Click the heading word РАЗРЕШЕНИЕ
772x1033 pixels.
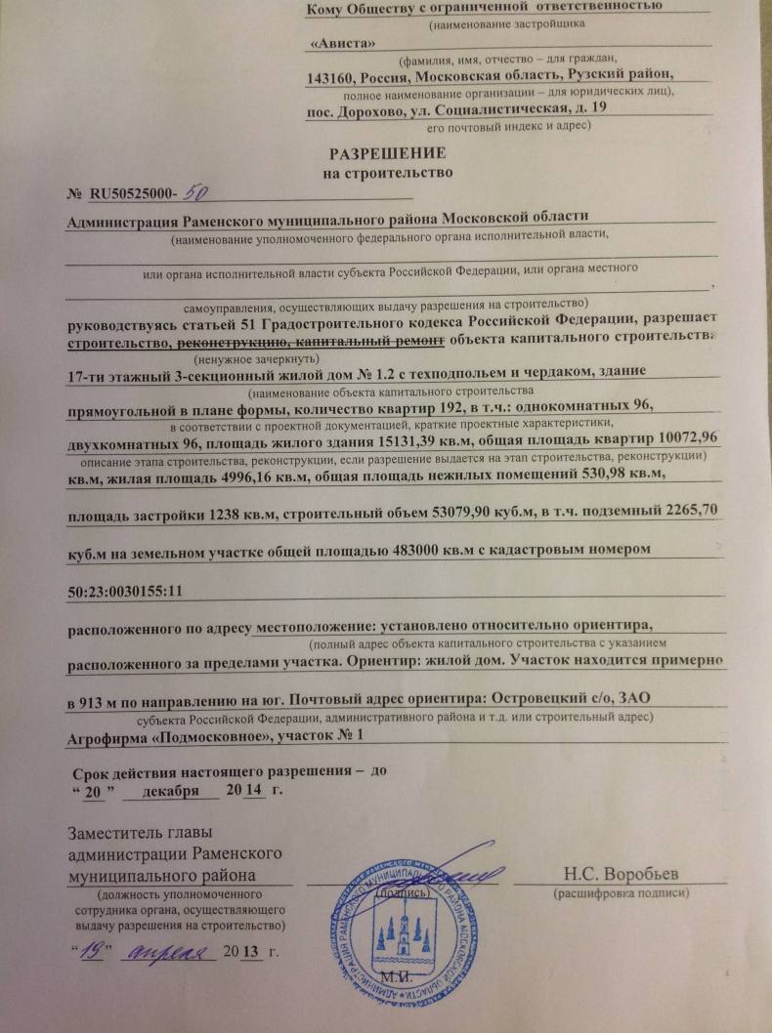(387, 153)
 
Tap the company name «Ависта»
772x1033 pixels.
(339, 44)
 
